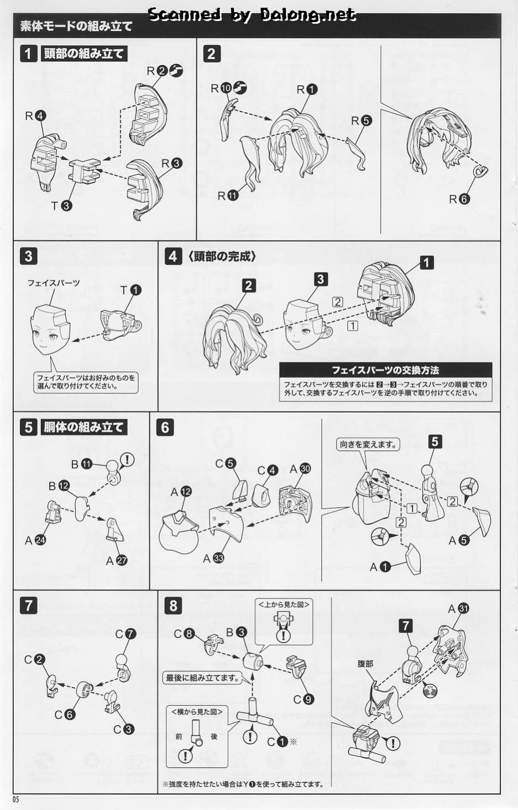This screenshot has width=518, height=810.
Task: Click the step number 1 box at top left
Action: click(x=28, y=54)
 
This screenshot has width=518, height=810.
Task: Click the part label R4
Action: click(x=35, y=115)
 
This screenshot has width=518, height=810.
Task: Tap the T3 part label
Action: click(x=61, y=206)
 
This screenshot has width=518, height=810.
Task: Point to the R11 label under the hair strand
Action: click(x=228, y=196)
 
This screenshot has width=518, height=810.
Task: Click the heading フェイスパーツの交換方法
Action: click(x=386, y=370)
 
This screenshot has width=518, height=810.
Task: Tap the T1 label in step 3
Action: click(x=130, y=290)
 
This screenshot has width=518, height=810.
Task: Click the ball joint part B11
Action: click(x=113, y=472)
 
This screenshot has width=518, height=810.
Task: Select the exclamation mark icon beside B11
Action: click(x=127, y=460)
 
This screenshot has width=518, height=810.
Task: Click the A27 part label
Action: click(x=117, y=560)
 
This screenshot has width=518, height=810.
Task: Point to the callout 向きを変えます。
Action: click(x=368, y=444)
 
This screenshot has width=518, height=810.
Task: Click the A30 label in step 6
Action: click(x=300, y=469)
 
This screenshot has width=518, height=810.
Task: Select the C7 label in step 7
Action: click(x=125, y=634)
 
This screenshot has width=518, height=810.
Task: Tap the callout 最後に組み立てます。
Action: click(x=202, y=677)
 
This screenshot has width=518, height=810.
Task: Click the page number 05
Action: click(x=15, y=799)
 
